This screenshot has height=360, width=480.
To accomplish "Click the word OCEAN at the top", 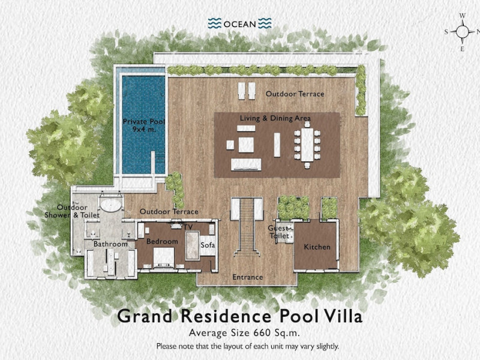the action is pos(239,24).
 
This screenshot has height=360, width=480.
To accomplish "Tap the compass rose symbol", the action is pos(462,31).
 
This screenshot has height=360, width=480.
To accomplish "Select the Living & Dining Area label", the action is pos(275,118).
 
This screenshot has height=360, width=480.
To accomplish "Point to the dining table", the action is pos(307,145).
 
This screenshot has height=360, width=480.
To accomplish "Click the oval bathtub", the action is pos(111,205).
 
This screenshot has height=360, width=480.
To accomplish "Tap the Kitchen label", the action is pos(317,247).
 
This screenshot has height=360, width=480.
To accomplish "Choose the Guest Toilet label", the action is pos(279,232).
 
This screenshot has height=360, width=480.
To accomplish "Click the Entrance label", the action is pos(247,277).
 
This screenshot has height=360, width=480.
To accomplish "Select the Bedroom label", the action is pos(162,242).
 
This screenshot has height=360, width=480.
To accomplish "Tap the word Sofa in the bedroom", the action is pos(208,245).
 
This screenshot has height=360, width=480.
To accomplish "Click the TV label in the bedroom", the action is pos(188,227).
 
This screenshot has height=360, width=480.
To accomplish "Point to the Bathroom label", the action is pos(110,244).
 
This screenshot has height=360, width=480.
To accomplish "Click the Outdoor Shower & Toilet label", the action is pos(72,211).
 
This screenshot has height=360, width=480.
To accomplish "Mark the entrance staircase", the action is pos(247,227).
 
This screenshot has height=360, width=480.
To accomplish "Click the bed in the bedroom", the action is pos(164,257).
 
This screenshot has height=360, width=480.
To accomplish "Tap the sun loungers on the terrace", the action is pos(247,91).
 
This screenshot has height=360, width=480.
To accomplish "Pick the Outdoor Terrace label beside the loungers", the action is pos(295,94).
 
